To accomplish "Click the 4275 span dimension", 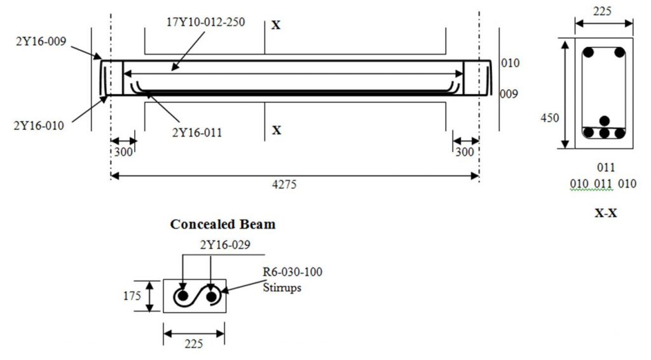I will [294, 185].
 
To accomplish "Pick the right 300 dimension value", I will [465, 153].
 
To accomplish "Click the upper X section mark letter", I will [277, 25].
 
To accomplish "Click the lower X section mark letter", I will [277, 130].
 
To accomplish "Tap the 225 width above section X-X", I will [603, 11].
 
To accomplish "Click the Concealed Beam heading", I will [223, 225].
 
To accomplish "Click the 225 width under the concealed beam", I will [193, 343].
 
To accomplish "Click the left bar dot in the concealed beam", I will [182, 296].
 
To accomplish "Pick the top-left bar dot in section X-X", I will [590, 52].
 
